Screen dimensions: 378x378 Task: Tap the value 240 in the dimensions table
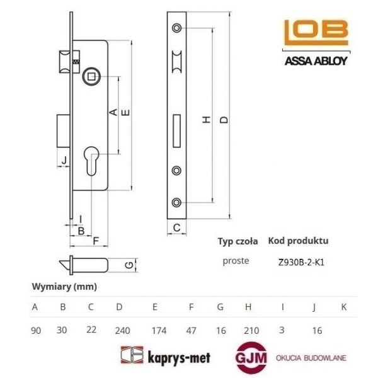pos(119,328)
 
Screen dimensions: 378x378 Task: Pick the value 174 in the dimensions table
pos(155,328)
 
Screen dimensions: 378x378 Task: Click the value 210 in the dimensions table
pos(248,328)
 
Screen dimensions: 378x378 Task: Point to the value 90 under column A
pos(36,328)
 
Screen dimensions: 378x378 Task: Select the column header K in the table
pos(343,307)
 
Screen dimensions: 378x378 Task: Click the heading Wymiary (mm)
pos(64,287)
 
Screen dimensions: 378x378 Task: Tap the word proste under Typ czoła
pos(236,260)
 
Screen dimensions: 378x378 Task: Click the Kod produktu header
pos(298,241)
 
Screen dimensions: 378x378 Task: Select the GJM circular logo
pos(251,357)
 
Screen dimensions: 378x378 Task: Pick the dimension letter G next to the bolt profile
pos(129,265)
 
